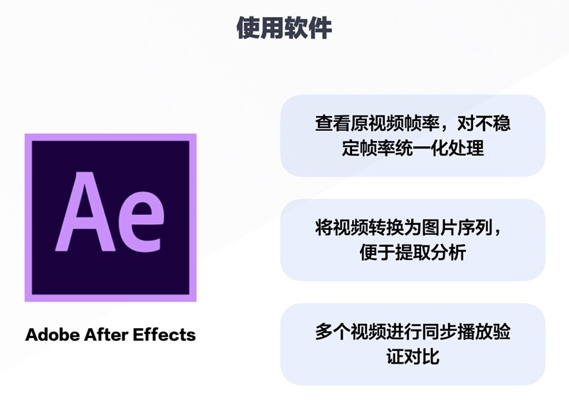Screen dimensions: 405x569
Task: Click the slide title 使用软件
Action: [284, 28]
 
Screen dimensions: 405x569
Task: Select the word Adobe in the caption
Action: [50, 335]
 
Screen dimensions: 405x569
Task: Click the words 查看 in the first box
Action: [333, 124]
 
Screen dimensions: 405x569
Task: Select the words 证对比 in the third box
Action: [413, 357]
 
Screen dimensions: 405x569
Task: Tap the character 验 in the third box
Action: [501, 332]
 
